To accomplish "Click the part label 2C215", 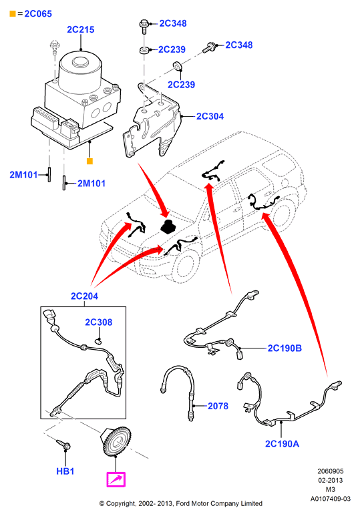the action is coord(81,30).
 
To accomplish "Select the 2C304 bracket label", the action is coord(210,116).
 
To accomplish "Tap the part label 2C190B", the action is coord(285,348).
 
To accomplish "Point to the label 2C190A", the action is coord(282,444).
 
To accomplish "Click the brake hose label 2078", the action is coord(218,406).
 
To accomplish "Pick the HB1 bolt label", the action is coord(65,471).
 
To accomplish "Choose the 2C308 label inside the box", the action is coord(98,322).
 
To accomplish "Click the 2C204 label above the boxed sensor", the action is coord(84,296).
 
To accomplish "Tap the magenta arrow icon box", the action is coord(116,479).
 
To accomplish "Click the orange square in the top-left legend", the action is coord(13,14).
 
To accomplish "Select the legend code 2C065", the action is coord(38,14).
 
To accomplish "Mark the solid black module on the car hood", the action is coord(168,226).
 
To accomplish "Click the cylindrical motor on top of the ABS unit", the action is coord(80,71).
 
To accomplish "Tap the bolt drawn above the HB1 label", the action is coord(63,445).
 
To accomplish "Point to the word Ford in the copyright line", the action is coord(183,504).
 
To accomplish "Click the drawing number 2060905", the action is coord(330,471).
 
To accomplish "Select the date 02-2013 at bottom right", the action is coord(330,481).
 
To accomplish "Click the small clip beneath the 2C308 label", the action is coord(98,341).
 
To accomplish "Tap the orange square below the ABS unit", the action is coord(89,162).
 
